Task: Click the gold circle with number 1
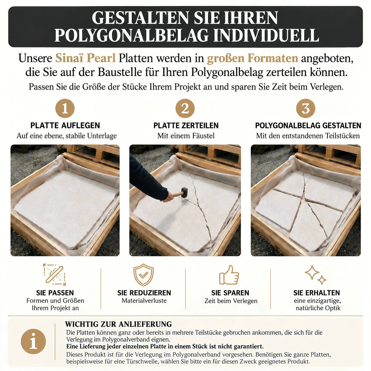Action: (65, 109)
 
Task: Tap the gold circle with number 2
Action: (185, 109)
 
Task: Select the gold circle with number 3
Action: (305, 109)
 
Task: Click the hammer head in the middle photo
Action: (185, 192)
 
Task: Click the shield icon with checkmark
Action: (144, 275)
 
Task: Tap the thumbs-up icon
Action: (229, 275)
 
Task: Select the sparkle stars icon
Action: (315, 275)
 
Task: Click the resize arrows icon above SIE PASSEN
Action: (54, 275)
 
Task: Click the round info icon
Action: (33, 341)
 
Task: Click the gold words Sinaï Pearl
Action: (85, 58)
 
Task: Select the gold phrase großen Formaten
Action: (253, 58)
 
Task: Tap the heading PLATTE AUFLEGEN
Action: (65, 126)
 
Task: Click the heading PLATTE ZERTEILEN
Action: (186, 126)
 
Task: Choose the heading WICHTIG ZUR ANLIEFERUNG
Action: (118, 324)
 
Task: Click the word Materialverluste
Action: (144, 301)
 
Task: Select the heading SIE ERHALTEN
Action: (317, 293)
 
